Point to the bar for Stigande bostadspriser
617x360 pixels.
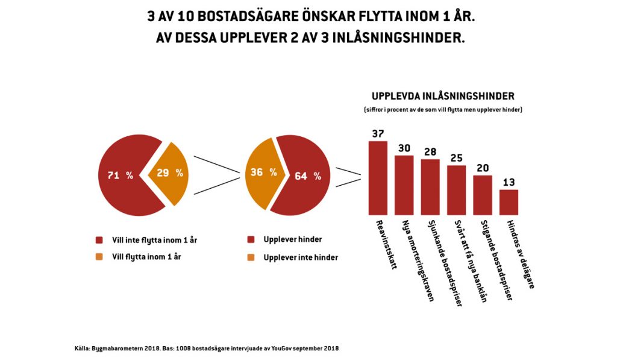[x=483, y=195]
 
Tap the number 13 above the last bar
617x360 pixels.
[x=509, y=182]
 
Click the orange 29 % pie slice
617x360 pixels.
[x=169, y=173]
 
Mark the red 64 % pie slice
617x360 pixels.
[x=304, y=176]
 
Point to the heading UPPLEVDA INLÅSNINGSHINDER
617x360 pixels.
[x=442, y=96]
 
